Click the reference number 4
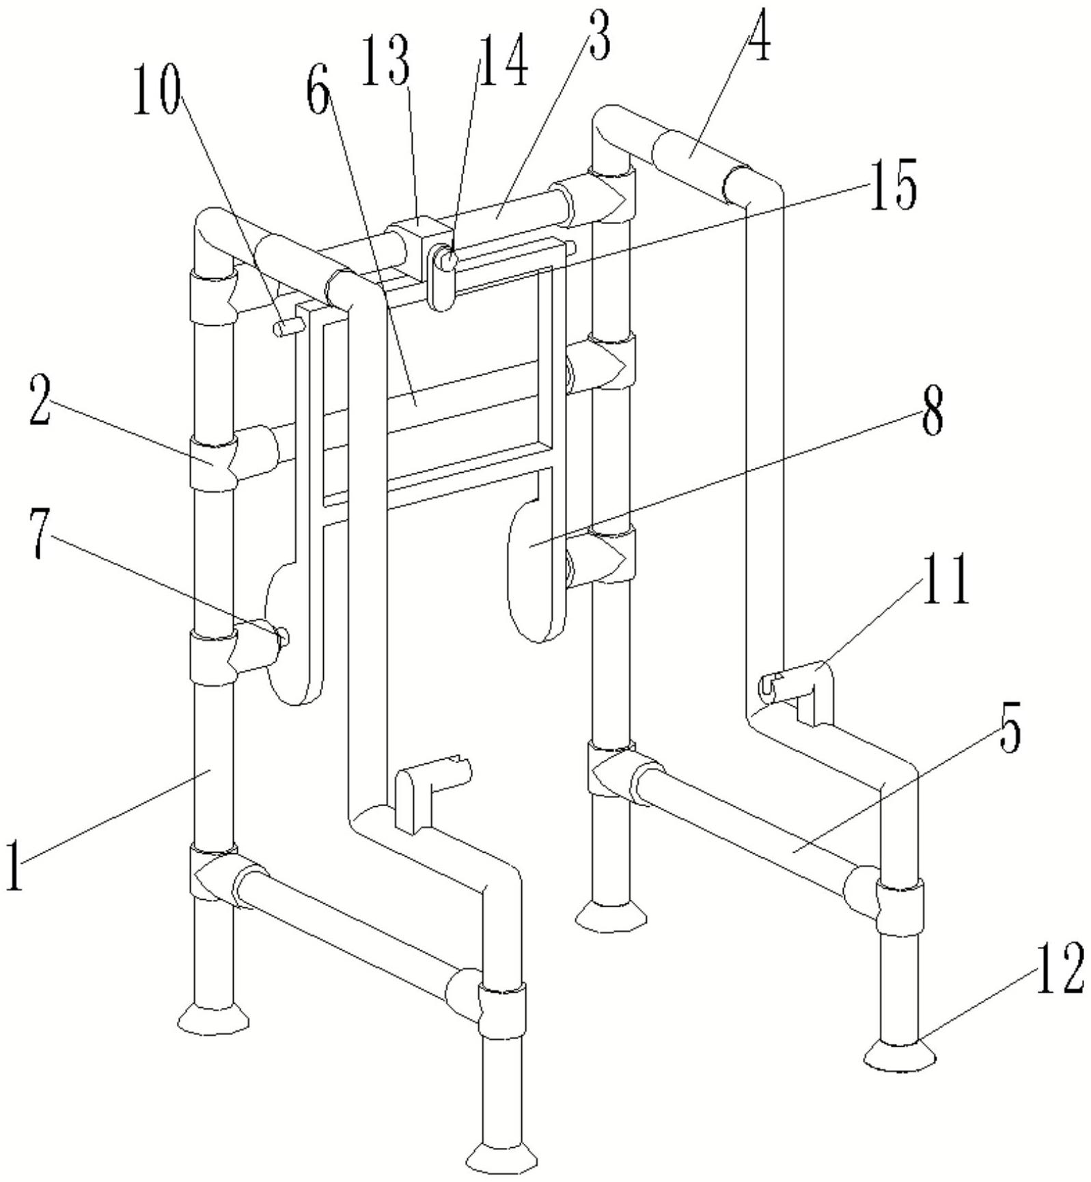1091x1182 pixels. [758, 36]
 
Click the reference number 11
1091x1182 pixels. [945, 579]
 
